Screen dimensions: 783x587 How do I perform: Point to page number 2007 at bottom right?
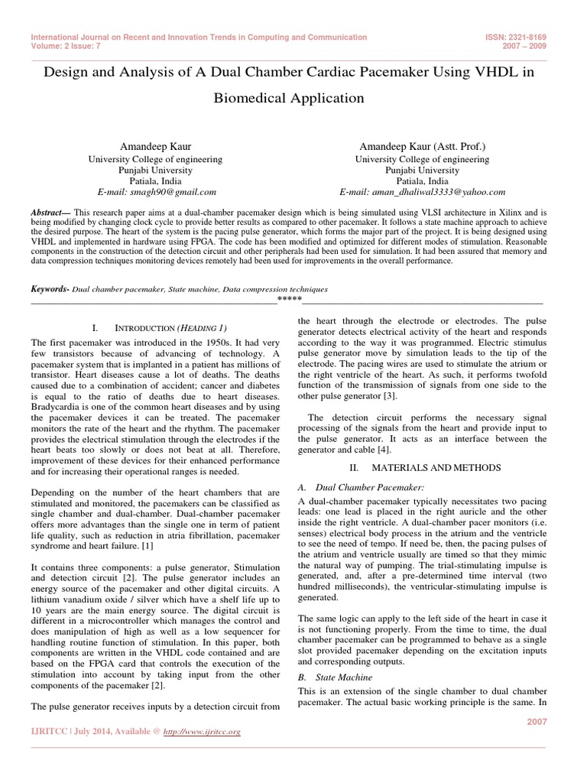537,721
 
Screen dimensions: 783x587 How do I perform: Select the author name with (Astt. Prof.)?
421,145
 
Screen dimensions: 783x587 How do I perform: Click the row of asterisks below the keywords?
288,299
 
